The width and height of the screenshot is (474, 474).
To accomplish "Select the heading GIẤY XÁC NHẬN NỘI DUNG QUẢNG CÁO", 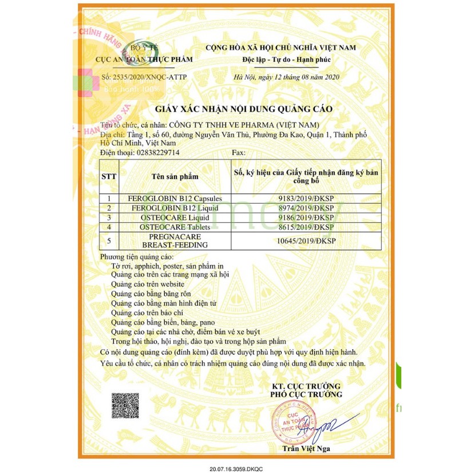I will coord(244,109).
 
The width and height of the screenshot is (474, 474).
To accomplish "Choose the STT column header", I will coord(109,177).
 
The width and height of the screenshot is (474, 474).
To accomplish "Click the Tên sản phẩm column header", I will coord(175,177).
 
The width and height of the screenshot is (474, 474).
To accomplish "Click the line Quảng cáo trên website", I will coord(148,284).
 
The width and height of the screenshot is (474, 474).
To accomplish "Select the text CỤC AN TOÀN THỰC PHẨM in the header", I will coord(145,60).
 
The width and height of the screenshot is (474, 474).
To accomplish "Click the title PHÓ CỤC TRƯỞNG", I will coord(306,394).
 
